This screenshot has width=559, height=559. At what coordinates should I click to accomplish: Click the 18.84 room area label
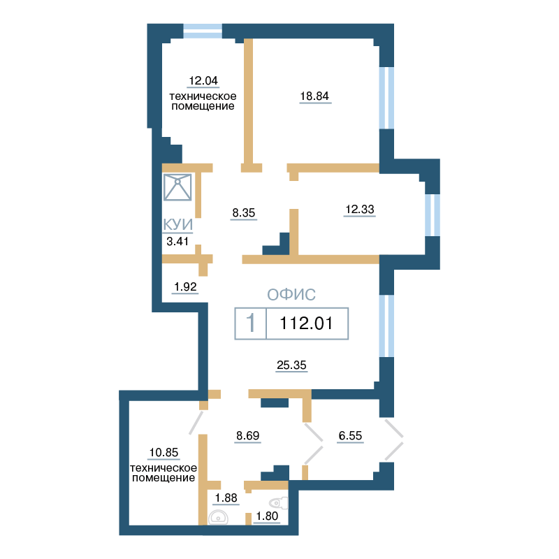click(x=314, y=96)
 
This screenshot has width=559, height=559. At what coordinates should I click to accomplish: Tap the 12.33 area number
click(x=360, y=209)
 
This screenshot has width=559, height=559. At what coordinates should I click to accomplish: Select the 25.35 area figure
click(x=291, y=365)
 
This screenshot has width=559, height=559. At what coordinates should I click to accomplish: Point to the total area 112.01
click(x=306, y=324)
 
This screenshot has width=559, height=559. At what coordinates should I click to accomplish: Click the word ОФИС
click(x=291, y=295)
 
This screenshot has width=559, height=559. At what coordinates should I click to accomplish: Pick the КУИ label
click(x=178, y=224)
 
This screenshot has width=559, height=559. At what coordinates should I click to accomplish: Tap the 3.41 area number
click(x=177, y=241)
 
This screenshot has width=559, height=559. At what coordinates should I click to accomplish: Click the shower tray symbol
click(x=177, y=187)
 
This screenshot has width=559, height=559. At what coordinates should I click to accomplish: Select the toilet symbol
click(x=278, y=503)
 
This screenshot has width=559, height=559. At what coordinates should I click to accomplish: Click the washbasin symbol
click(x=218, y=517)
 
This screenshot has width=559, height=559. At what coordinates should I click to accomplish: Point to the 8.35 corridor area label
click(x=244, y=213)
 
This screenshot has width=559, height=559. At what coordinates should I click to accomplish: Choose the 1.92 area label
click(x=185, y=286)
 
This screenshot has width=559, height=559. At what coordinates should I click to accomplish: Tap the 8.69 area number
click(x=248, y=435)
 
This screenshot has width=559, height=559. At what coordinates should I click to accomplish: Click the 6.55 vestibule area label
click(x=350, y=435)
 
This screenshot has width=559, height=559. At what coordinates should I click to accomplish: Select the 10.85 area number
click(x=164, y=452)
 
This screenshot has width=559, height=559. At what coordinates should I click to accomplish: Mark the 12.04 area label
click(x=203, y=80)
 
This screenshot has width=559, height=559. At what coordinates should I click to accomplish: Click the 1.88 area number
click(x=226, y=498)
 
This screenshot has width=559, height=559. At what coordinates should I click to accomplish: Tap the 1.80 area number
click(x=267, y=516)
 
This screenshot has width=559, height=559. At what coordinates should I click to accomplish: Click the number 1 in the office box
click(x=251, y=323)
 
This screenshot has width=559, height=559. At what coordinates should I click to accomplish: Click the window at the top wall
click(x=203, y=31)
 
